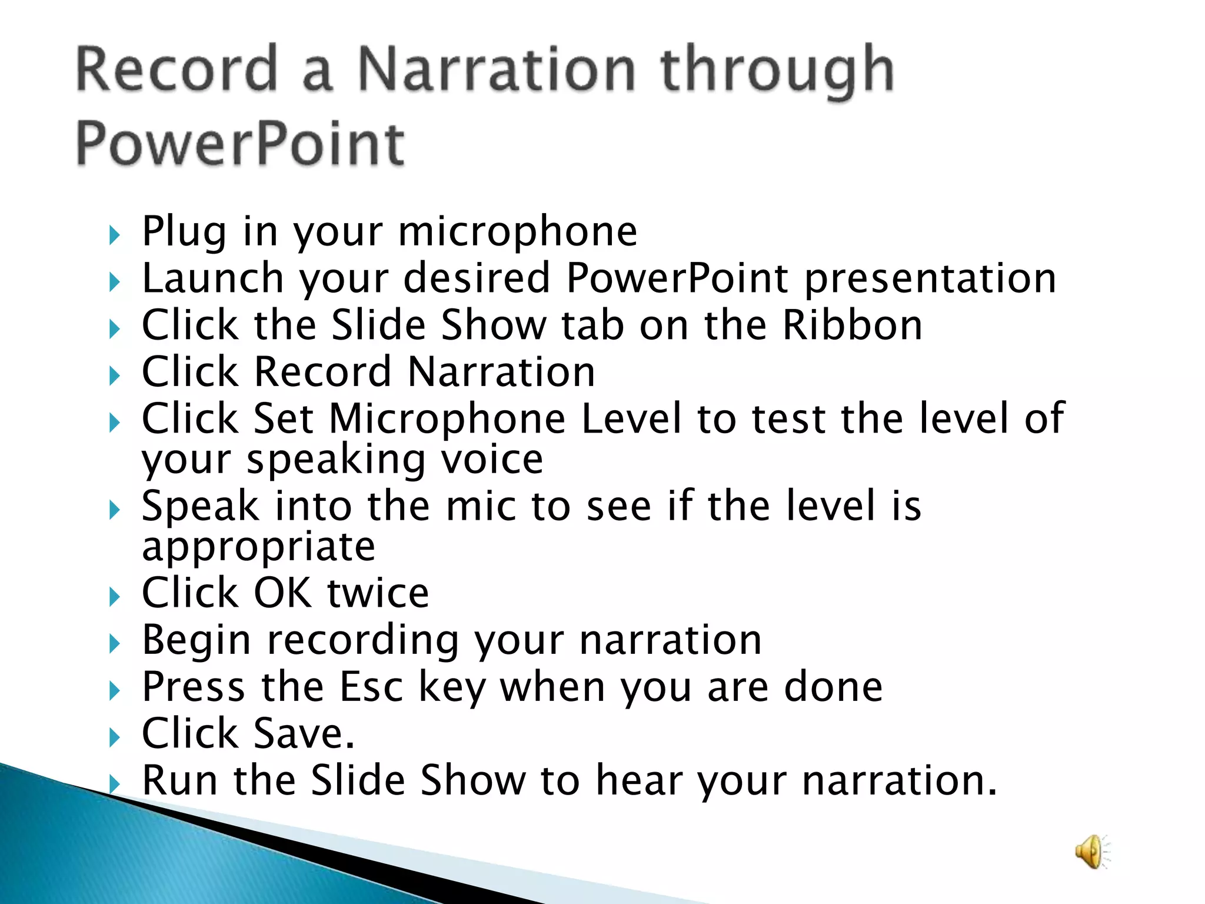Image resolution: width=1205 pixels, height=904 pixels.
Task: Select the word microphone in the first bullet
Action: point(517,231)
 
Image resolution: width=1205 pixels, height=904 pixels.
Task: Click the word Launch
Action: point(213,278)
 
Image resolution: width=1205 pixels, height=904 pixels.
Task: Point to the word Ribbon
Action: point(851,325)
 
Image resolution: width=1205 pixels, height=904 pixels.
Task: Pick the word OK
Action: point(282,593)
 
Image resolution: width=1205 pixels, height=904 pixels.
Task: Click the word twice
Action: point(378,593)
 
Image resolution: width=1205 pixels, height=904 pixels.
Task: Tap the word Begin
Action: point(197,641)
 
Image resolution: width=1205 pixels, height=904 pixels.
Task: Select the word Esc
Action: point(371,687)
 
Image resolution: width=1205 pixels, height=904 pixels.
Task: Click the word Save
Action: point(303,734)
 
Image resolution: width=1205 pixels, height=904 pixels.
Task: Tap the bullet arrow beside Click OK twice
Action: point(115,597)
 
